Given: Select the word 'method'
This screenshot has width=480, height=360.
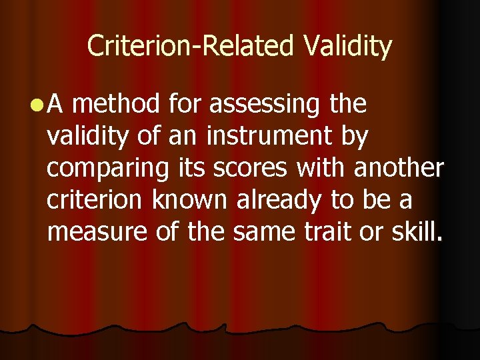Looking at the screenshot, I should pyautogui.click(x=117, y=104).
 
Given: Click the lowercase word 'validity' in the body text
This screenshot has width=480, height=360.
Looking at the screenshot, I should pyautogui.click(x=87, y=137).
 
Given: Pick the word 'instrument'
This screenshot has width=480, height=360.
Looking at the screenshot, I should pyautogui.click(x=269, y=137).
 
